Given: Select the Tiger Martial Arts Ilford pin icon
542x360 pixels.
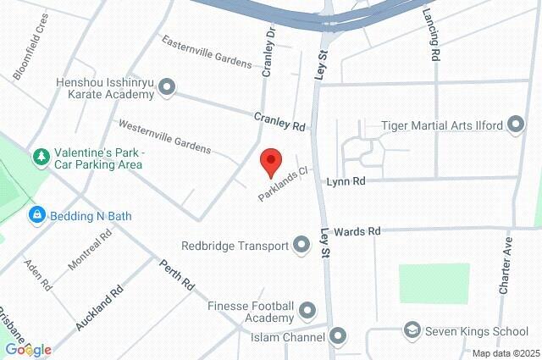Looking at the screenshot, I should (x=516, y=126).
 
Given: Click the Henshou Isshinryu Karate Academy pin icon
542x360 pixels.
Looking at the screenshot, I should (x=166, y=86).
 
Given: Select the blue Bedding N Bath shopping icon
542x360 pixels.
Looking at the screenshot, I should (x=37, y=216).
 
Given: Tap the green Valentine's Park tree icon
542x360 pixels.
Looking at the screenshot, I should (x=40, y=157).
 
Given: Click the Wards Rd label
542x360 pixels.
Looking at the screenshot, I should (x=357, y=230).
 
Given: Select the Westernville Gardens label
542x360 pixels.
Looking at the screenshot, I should (x=164, y=136).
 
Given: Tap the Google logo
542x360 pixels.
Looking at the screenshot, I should (x=28, y=349).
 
